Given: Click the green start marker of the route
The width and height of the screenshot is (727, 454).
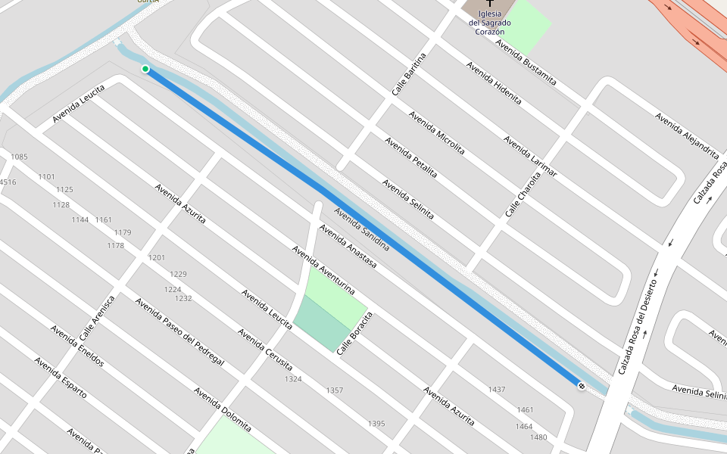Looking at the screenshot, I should point(145,69).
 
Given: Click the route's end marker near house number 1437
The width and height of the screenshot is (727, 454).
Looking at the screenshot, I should point(581,386).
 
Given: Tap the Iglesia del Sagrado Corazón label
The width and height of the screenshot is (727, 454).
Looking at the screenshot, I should point(490,23).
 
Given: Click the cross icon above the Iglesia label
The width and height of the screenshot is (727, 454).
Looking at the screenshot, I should point(490,4).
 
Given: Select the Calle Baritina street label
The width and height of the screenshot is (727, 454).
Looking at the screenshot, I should point(409,73).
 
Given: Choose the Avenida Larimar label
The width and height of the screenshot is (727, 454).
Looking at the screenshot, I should point(530,157).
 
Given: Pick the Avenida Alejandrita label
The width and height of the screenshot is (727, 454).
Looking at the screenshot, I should point(687,135).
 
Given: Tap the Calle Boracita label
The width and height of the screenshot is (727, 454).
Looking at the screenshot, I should point(356,334).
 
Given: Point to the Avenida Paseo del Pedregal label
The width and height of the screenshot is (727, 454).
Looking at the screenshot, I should point(179,331).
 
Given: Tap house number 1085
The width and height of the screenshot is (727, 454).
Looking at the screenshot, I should point(19,157).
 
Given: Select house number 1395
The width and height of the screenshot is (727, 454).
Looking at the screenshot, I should point(376,424).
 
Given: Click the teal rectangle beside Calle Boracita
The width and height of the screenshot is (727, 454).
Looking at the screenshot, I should point(320,322).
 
